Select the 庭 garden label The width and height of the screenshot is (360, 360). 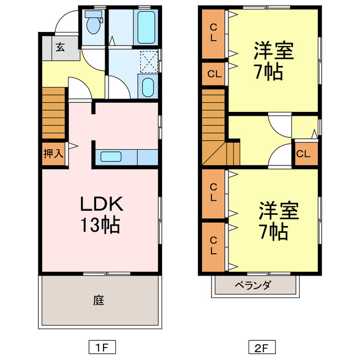[x=98, y=300]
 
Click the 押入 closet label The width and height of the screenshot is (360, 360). [x=53, y=153]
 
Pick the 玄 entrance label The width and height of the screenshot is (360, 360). [x=60, y=47]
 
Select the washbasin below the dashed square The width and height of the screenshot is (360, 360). [x=147, y=87]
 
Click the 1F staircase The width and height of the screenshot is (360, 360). [x=53, y=115]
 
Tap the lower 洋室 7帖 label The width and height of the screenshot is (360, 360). [x=276, y=220]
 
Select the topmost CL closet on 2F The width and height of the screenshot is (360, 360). [x=214, y=34]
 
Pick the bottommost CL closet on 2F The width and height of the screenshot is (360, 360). [x=214, y=246]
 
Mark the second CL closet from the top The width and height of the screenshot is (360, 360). [x=214, y=74]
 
